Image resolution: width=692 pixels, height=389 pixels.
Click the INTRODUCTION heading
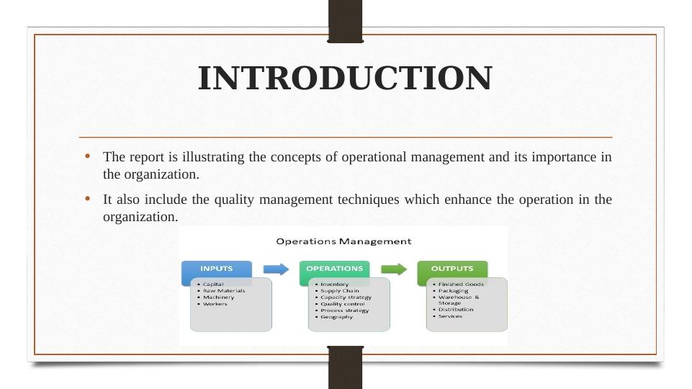pos(345,78)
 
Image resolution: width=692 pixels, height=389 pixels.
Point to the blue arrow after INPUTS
pos(276,269)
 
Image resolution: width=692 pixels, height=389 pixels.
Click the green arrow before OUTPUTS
pos(394,269)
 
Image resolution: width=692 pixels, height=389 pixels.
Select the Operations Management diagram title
pos(343,241)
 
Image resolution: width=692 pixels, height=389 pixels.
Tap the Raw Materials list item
pos(224,291)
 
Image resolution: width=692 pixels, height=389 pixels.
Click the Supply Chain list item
pos(340,291)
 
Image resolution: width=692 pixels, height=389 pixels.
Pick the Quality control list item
pos(343,304)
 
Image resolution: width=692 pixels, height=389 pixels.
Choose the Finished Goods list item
pos(461,285)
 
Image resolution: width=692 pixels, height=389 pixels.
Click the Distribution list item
pos(456,310)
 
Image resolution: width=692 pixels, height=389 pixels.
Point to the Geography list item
pos(337,317)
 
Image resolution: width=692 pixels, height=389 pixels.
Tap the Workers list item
pos(215,304)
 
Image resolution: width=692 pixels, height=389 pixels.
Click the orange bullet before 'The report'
pos(87,156)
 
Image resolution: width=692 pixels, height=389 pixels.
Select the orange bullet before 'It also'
pos(87,199)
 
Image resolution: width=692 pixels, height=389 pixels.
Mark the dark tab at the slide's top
pos(345,21)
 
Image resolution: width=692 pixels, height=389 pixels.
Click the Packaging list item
pos(453,291)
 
